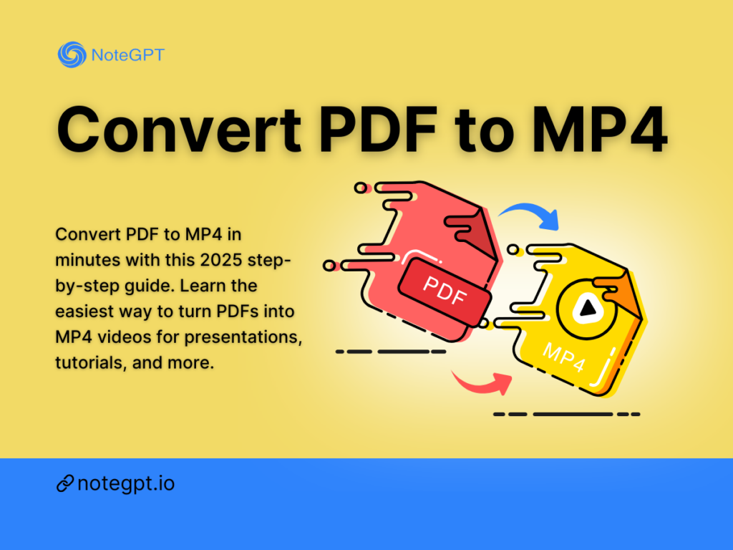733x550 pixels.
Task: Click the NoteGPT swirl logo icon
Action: (x=71, y=54)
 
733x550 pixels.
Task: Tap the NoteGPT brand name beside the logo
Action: (x=127, y=54)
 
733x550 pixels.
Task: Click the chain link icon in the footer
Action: (x=64, y=484)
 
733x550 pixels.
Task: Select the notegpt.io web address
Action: (x=126, y=483)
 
